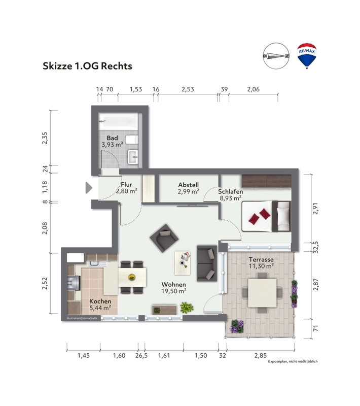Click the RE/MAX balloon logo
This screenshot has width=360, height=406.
coord(307,56)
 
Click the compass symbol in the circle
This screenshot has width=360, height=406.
coord(276,56)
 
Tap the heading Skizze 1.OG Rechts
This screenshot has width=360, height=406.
coord(87,66)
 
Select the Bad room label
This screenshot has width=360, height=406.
coord(112,138)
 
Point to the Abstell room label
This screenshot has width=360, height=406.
coord(188,185)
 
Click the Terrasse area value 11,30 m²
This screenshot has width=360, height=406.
coord(261,266)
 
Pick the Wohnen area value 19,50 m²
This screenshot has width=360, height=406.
coord(174,291)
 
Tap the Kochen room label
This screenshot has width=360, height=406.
coord(100,301)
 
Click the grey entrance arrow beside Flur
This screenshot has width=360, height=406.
coord(89,188)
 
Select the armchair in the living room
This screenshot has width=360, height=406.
coord(164,238)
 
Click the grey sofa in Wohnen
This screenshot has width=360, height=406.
coord(207,263)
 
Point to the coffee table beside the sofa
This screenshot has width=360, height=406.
coord(183,263)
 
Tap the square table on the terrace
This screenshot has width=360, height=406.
coord(262,293)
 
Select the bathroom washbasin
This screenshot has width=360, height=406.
coord(133,157)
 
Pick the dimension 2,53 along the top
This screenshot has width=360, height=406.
coord(188,89)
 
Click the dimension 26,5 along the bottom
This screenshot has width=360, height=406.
coord(141,356)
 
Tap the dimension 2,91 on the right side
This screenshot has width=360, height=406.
coord(315,208)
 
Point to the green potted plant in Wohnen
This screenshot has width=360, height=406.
coord(187,308)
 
